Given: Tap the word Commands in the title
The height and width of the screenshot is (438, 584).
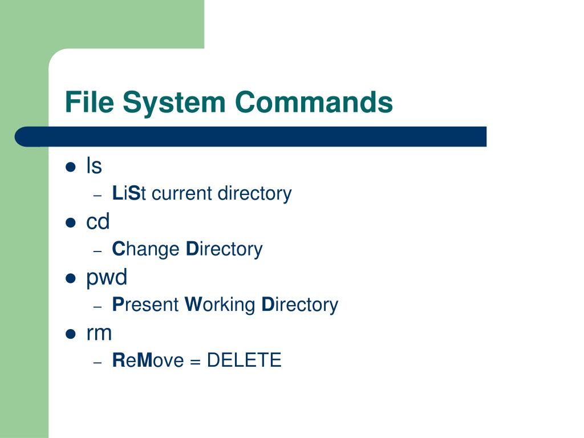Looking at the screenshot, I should [314, 103].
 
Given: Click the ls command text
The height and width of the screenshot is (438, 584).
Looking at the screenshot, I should [94, 166].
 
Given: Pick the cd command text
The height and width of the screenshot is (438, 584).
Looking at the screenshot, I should [98, 222].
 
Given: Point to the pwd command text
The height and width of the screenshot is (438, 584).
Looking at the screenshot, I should [107, 278].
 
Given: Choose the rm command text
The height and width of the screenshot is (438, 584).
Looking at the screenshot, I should [99, 333].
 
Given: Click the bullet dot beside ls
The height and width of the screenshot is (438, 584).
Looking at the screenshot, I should [71, 167].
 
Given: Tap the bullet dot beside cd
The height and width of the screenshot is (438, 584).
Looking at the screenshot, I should [71, 223].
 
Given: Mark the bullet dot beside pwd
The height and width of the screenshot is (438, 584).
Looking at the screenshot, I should [71, 278].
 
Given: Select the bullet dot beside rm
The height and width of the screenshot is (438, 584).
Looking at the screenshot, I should [71, 334].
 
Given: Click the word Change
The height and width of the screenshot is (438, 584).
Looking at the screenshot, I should [145, 250].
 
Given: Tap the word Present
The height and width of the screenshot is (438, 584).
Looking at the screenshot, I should [145, 305].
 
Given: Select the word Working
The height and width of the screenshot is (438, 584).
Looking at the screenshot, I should [220, 305].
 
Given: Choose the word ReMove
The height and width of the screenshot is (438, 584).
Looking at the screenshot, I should [148, 360].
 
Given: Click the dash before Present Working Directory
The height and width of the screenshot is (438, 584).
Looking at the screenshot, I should [98, 306].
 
